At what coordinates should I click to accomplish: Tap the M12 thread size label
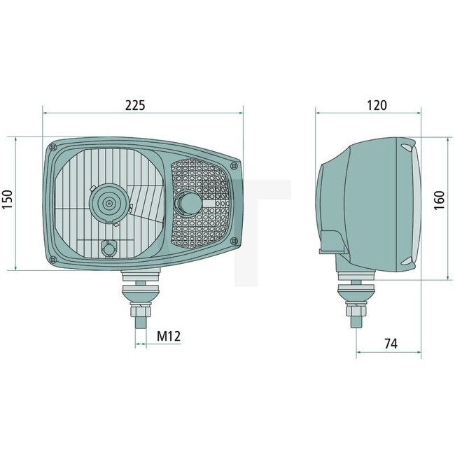click(x=169, y=336)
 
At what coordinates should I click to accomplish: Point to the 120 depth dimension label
click(x=377, y=106)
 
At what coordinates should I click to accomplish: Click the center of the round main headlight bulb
click(x=108, y=203)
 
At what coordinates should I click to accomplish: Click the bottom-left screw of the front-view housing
click(x=55, y=259)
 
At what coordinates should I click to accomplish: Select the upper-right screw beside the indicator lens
click(x=234, y=166)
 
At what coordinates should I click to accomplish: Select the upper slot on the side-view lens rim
click(x=406, y=148)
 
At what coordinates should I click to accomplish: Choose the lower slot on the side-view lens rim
click(x=406, y=262)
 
